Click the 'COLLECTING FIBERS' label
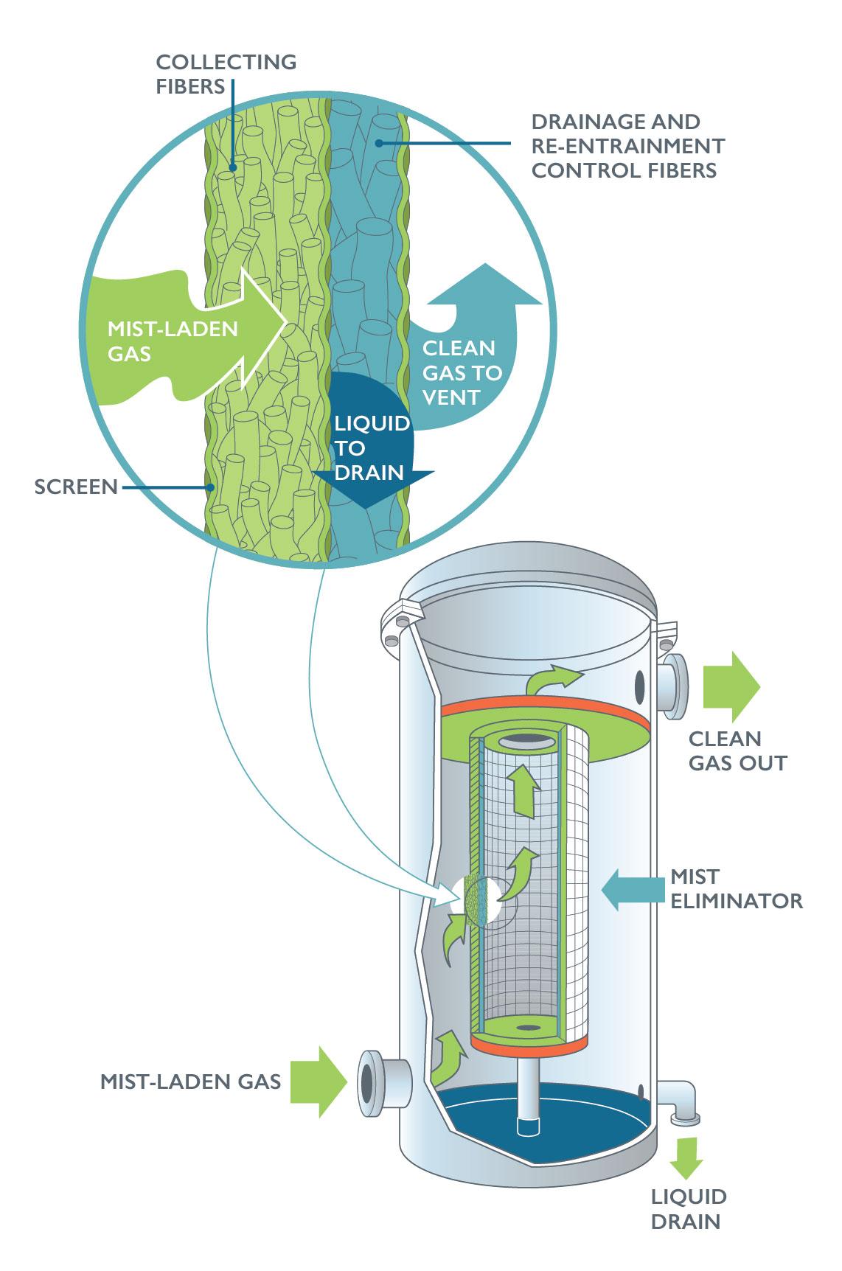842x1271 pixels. pyautogui.click(x=226, y=74)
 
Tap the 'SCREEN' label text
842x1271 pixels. pyautogui.click(x=76, y=487)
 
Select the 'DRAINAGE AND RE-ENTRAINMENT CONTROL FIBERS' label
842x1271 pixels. pyautogui.click(x=627, y=146)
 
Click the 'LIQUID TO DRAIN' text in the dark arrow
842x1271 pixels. pyautogui.click(x=371, y=448)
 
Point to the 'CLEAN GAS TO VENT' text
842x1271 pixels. pyautogui.click(x=462, y=372)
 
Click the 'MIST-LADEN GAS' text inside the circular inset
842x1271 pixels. pyautogui.click(x=173, y=341)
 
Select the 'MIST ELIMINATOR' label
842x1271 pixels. pyautogui.click(x=735, y=888)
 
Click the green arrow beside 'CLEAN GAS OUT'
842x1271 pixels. pyautogui.click(x=730, y=686)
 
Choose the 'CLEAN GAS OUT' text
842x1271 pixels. pyautogui.click(x=737, y=751)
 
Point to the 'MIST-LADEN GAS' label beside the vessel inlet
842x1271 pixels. pyautogui.click(x=190, y=1082)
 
